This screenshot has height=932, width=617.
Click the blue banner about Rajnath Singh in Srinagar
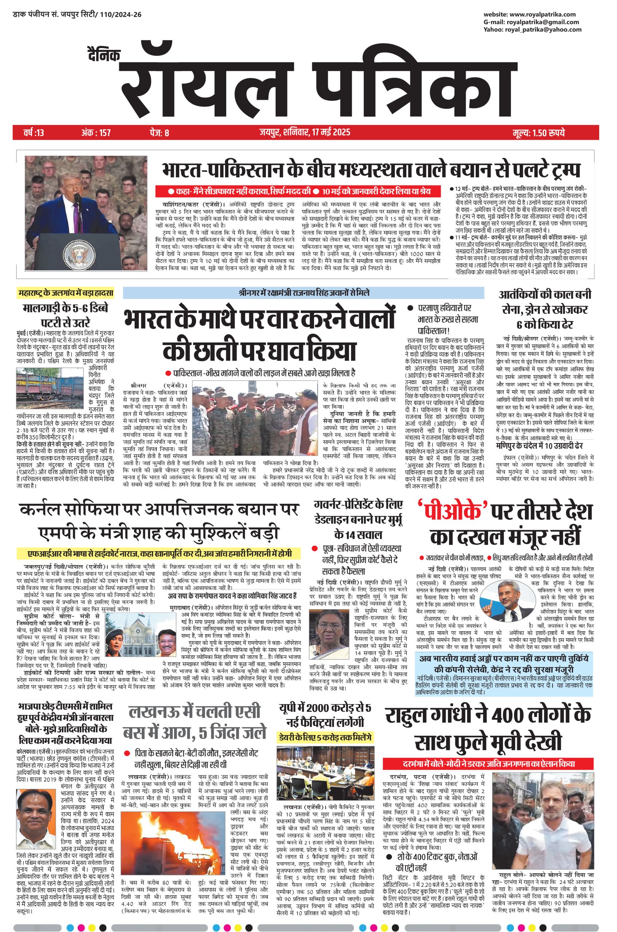point(303,293)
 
